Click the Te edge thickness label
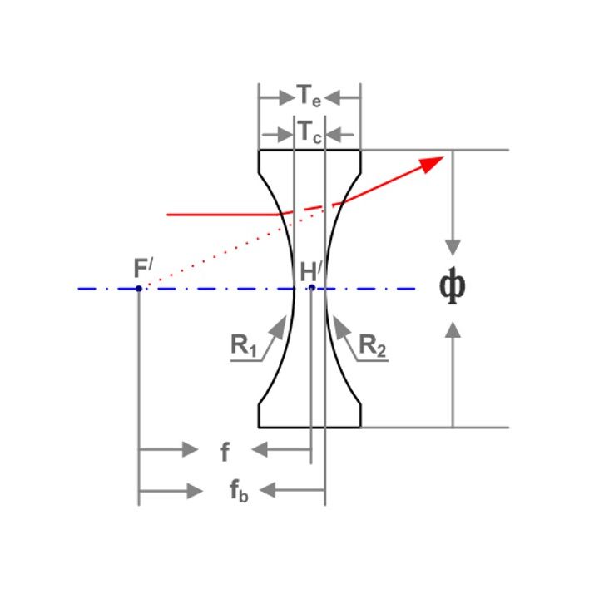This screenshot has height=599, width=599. (309, 96)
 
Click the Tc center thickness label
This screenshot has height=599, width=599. (309, 132)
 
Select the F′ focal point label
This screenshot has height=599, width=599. (143, 268)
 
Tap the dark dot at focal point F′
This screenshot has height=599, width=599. (139, 289)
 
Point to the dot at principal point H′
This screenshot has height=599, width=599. (312, 287)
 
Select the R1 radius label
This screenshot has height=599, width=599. (243, 345)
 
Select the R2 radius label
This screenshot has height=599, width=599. (373, 346)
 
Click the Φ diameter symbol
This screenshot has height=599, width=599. (453, 286)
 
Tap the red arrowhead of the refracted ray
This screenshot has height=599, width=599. (431, 164)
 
